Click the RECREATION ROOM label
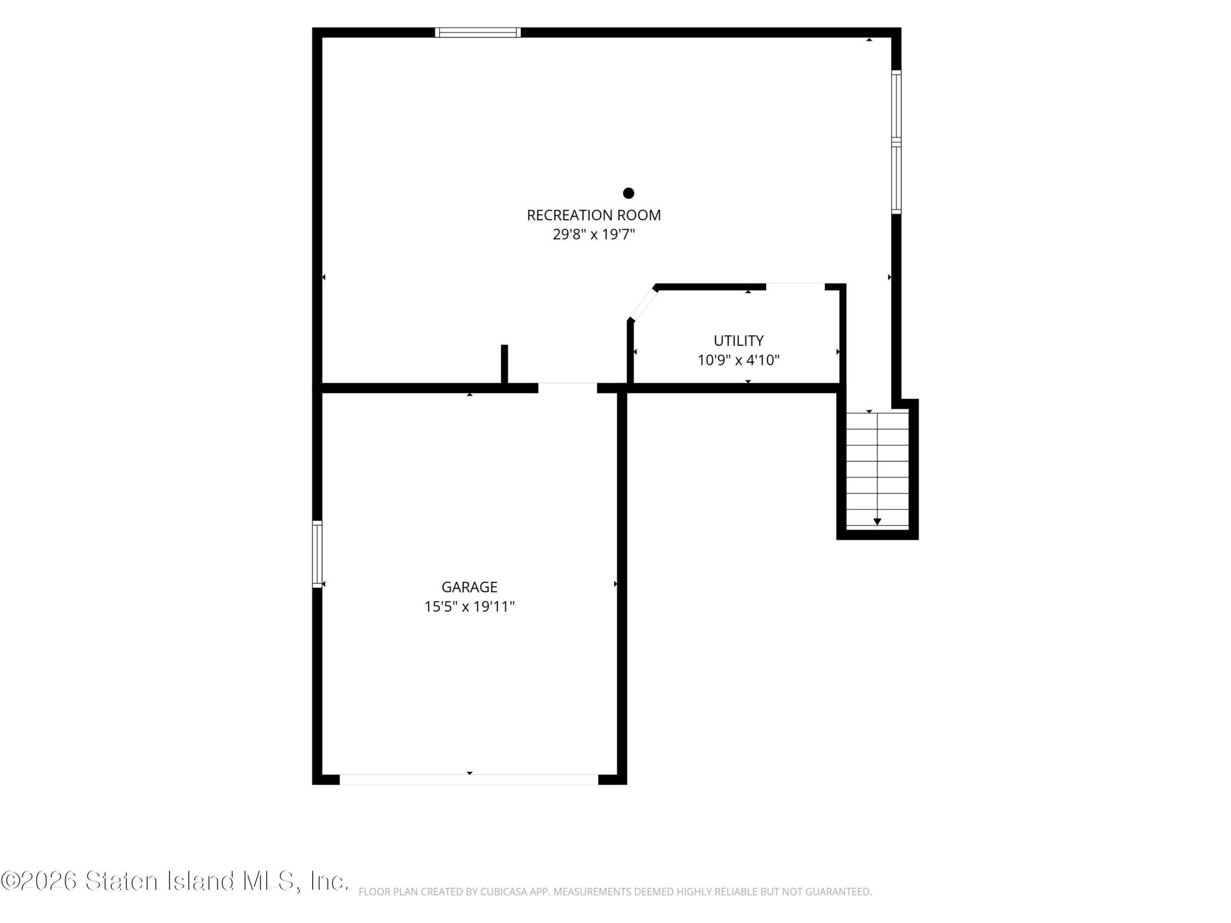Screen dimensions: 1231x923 click(x=594, y=215)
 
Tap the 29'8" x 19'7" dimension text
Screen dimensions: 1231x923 click(x=594, y=235)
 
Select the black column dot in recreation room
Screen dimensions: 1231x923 click(x=629, y=193)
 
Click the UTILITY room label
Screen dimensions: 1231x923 click(x=739, y=340)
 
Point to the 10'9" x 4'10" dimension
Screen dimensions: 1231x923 click(x=739, y=361)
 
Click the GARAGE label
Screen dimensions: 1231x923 click(x=469, y=587)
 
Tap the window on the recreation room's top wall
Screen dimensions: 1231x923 click(x=478, y=32)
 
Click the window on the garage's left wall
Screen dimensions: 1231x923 click(x=317, y=554)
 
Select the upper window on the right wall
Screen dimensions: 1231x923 click(x=896, y=105)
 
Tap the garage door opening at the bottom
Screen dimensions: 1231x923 click(x=469, y=779)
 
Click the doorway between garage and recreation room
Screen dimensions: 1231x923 click(x=567, y=388)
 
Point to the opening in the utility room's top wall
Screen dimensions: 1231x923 click(x=795, y=287)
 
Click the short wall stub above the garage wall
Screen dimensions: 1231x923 click(x=505, y=364)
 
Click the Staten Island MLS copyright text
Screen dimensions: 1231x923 click(x=175, y=881)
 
